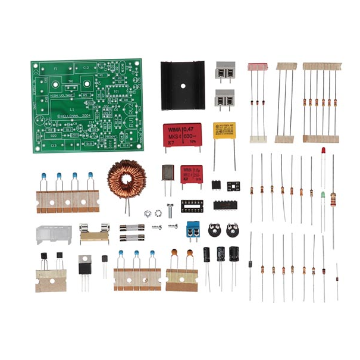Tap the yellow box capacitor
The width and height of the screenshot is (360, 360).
(x=224, y=130)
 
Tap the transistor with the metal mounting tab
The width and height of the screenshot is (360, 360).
(x=86, y=265)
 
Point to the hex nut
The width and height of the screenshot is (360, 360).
(x=147, y=213)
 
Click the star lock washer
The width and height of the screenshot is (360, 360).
(x=158, y=213)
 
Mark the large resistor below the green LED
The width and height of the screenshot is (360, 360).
(x=333, y=200)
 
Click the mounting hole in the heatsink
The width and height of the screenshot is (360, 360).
(x=183, y=85)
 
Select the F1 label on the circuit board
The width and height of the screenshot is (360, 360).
(x=56, y=69)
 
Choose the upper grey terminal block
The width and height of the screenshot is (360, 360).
(x=224, y=71)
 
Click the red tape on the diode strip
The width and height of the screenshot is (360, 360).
(x=258, y=67)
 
